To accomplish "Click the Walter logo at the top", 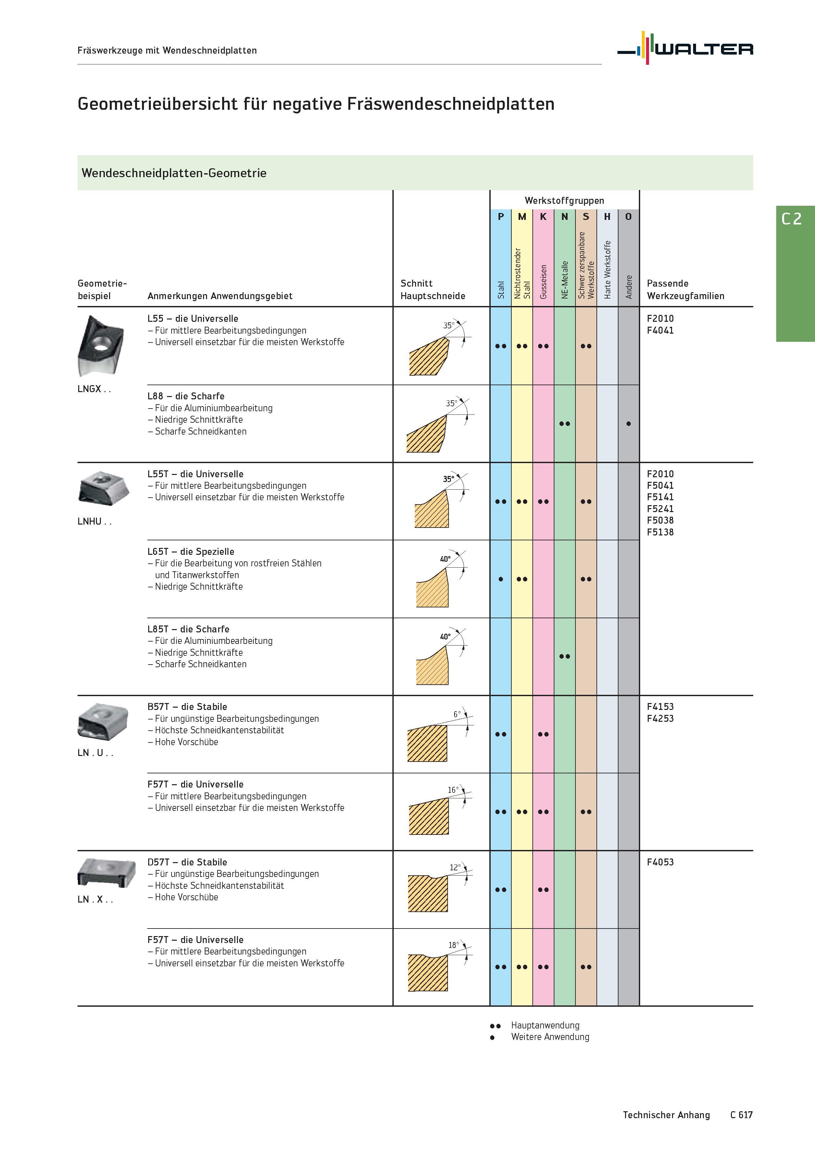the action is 686,48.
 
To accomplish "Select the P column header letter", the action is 501,217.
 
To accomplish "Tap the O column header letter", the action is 628,217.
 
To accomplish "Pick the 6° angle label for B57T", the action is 456,714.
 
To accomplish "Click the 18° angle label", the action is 454,945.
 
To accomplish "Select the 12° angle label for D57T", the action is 455,867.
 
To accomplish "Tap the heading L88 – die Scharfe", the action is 186,396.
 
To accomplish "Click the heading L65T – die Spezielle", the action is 191,552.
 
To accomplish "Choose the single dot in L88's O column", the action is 628,424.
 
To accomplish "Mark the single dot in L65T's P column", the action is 501,579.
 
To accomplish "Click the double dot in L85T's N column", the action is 565,656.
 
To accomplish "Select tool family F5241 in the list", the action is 660,509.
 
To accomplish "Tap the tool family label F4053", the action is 660,862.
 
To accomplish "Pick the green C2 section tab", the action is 795,274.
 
